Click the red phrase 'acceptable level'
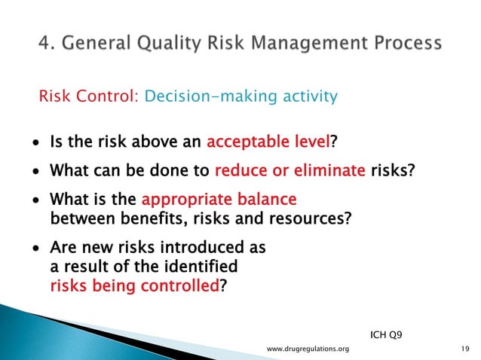(268, 143)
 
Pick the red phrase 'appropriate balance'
(219, 201)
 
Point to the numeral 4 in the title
(44, 43)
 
